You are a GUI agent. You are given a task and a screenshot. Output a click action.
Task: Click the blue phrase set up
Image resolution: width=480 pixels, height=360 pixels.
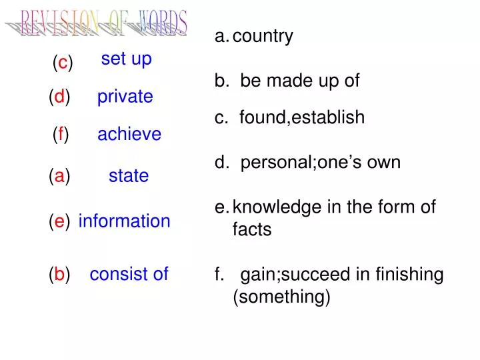click(x=126, y=59)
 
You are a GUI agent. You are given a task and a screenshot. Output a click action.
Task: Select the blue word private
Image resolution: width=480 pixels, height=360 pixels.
click(x=125, y=97)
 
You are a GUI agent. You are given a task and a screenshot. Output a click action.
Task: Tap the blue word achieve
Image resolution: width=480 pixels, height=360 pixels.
click(x=129, y=134)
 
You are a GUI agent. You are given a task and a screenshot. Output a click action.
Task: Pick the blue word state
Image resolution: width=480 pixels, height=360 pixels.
click(x=129, y=176)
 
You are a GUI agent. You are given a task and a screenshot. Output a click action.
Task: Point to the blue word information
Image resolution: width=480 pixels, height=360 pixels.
click(x=124, y=221)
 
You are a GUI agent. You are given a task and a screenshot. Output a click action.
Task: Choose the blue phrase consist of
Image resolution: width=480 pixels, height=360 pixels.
click(x=129, y=273)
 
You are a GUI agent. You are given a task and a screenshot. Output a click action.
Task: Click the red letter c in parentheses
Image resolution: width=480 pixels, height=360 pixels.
click(x=63, y=63)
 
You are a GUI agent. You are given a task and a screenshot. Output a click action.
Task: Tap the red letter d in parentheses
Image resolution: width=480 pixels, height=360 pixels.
click(x=60, y=97)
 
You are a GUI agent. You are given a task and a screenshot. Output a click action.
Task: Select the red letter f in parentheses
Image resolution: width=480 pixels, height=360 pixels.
click(x=61, y=135)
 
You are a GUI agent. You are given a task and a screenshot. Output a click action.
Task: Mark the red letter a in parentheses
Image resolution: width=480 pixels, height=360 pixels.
click(x=60, y=176)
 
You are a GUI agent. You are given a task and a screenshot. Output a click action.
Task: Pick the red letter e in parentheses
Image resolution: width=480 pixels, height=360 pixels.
click(x=60, y=221)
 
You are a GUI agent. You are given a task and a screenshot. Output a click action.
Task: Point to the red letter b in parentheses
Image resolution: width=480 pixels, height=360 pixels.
click(x=60, y=274)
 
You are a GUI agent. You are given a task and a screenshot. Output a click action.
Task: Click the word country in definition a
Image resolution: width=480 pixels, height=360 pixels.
click(x=263, y=36)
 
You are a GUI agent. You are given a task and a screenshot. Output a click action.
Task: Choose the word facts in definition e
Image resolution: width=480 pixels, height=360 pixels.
click(x=252, y=230)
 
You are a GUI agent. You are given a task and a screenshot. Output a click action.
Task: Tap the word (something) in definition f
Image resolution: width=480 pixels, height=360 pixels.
click(x=281, y=297)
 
